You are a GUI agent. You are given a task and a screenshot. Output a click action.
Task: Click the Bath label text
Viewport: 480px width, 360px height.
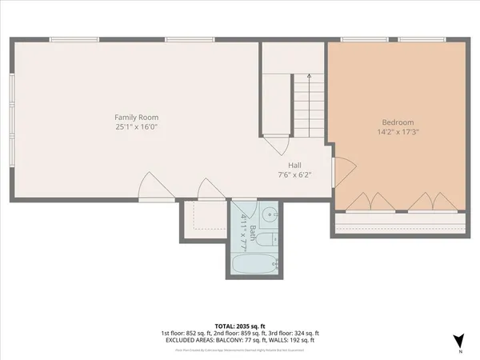point(253,232)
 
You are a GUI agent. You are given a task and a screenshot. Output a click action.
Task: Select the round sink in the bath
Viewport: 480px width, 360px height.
point(270,214)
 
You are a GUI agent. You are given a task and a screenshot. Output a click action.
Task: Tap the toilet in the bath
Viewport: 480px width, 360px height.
point(271,238)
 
